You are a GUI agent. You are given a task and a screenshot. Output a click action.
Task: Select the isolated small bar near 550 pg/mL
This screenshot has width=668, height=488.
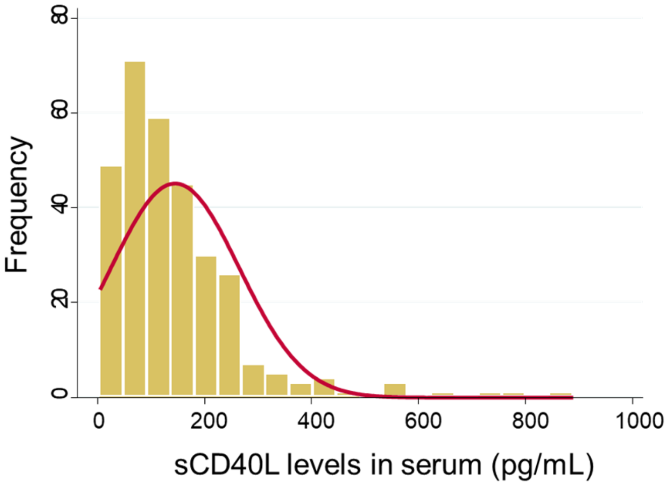[395, 390]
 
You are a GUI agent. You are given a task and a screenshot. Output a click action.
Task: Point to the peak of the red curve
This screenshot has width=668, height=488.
[176, 183]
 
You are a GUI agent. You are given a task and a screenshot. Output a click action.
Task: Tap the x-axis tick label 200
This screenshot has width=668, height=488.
[208, 421]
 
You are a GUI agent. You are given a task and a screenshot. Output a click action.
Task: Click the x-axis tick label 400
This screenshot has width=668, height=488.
[316, 421]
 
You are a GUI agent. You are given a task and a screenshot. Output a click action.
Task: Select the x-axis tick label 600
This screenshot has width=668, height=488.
[423, 421]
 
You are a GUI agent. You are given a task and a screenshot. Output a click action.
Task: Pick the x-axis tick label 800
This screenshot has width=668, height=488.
[530, 421]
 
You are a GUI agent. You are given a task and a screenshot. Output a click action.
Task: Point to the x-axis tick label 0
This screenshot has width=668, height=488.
[98, 421]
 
